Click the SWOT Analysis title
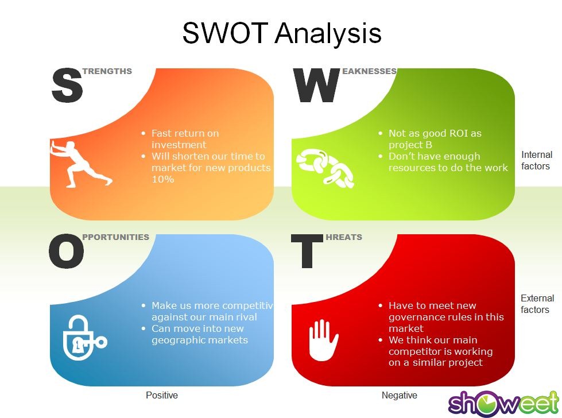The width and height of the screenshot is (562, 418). pos(282,33)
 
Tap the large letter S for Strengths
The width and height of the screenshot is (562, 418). pos(67,86)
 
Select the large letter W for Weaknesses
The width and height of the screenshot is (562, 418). pos(316,86)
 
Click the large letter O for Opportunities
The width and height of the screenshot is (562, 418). pos(66,252)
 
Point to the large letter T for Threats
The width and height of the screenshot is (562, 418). pos(307,252)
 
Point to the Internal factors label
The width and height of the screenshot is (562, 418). pos(536,160)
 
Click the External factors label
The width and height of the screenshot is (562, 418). pos(537,304)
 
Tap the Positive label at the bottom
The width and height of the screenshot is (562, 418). pos(162,395)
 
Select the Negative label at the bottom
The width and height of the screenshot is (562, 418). pos(399,395)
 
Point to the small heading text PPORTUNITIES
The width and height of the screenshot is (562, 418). pos(115,237)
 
